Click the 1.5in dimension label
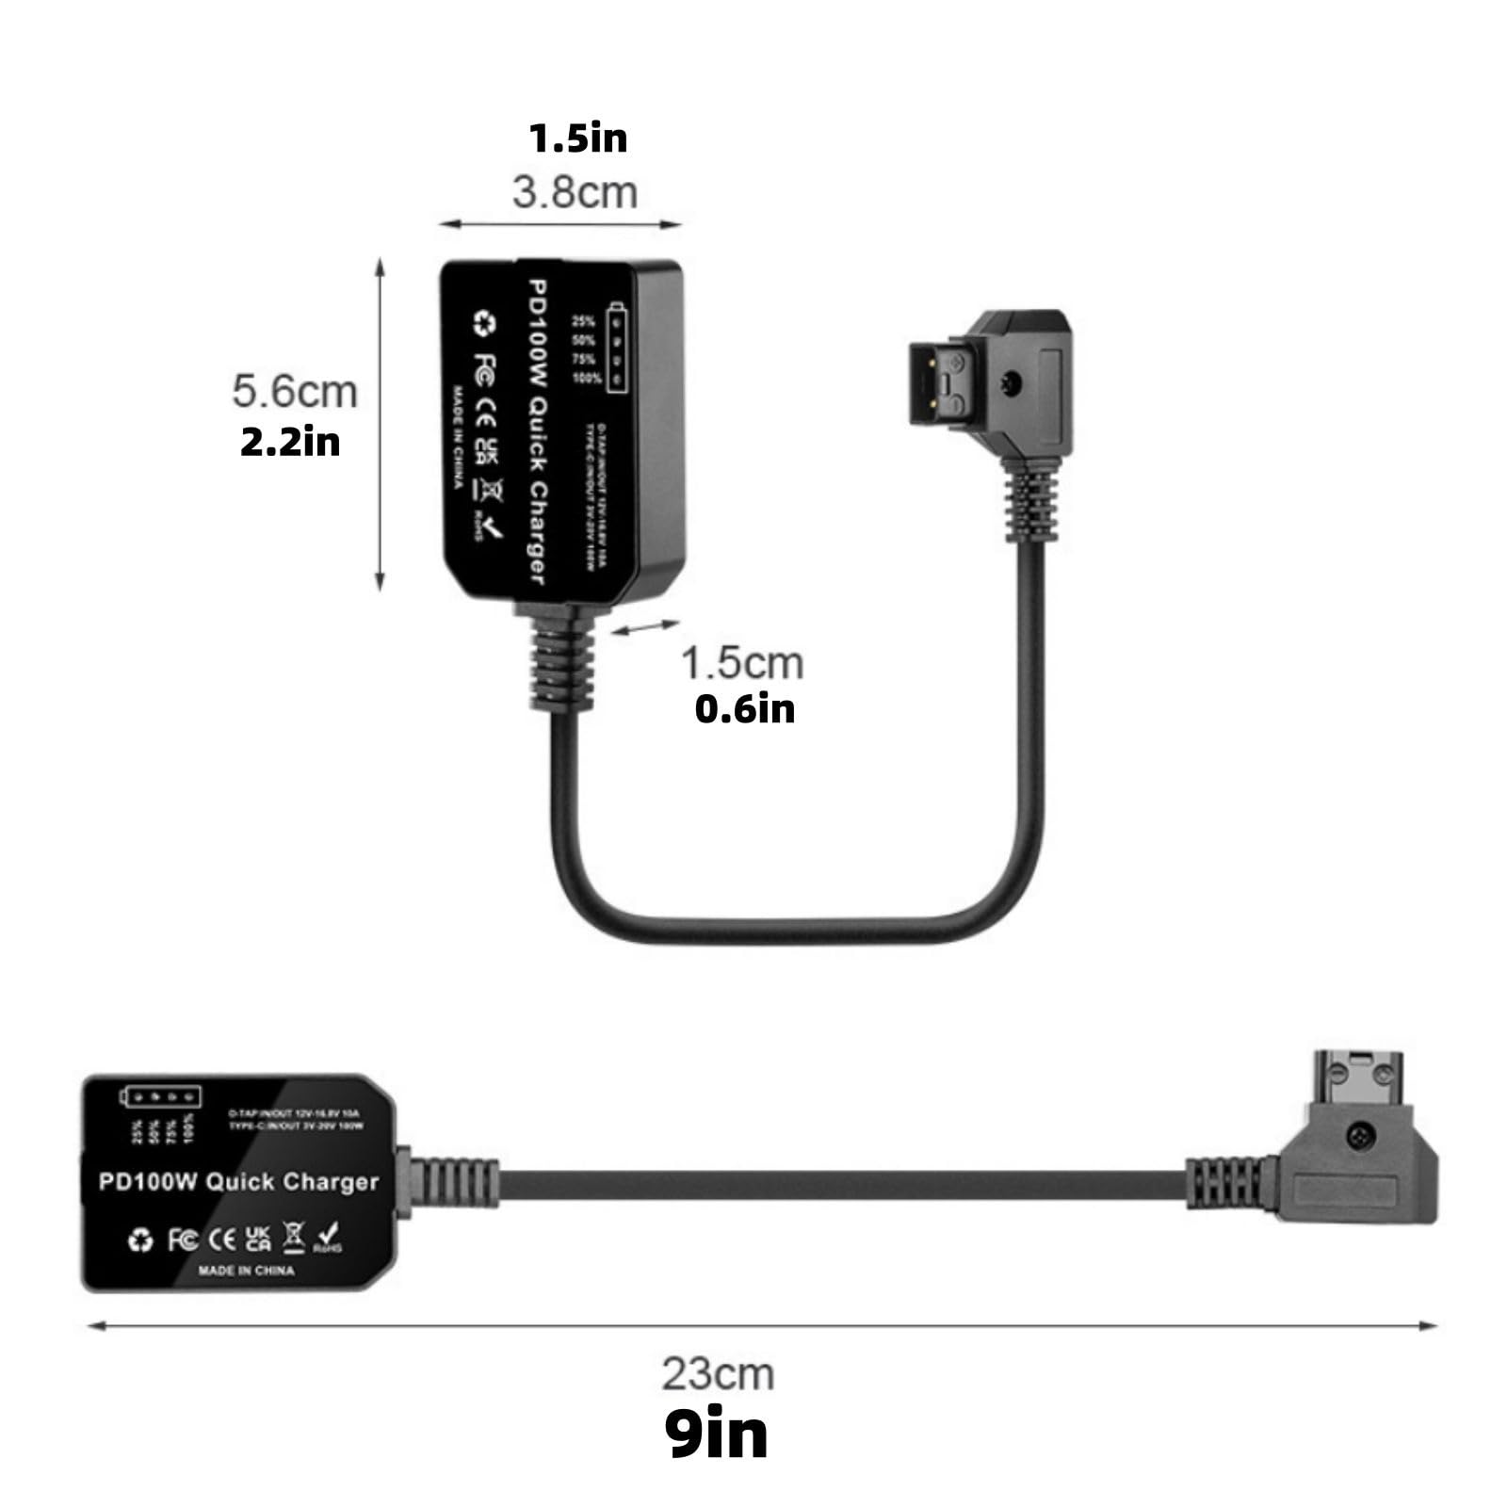pyautogui.click(x=577, y=138)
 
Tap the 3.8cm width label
pyautogui.click(x=575, y=192)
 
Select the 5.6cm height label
pyautogui.click(x=295, y=392)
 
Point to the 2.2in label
pyautogui.click(x=290, y=442)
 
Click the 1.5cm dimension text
pyautogui.click(x=742, y=663)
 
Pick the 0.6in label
pyautogui.click(x=744, y=709)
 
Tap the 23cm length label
pyautogui.click(x=718, y=1374)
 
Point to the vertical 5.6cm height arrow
pyautogui.click(x=381, y=424)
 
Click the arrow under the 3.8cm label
pyautogui.click(x=560, y=224)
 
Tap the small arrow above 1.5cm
pyautogui.click(x=644, y=627)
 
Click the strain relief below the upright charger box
pyautogui.click(x=562, y=664)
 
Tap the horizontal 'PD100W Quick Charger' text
pyautogui.click(x=238, y=1182)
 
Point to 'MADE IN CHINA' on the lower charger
pyautogui.click(x=246, y=1271)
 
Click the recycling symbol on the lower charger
pyautogui.click(x=140, y=1240)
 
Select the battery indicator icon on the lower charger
pyautogui.click(x=161, y=1096)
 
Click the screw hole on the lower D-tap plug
pyautogui.click(x=1358, y=1134)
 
